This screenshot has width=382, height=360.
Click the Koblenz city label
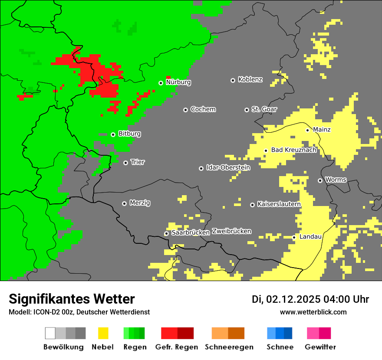(x=250, y=79)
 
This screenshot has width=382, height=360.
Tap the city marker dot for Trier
(x=125, y=163)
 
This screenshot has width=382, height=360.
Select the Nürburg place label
(x=178, y=82)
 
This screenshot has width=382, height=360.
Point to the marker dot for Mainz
(x=307, y=130)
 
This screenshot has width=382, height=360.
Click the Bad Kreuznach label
(x=293, y=150)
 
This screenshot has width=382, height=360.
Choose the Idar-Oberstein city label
(x=228, y=167)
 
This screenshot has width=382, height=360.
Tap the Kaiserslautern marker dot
(x=252, y=205)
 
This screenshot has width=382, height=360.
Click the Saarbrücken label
(x=191, y=232)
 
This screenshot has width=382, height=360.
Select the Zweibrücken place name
(x=231, y=231)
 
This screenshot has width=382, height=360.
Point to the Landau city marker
(x=294, y=237)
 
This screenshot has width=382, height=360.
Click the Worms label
(x=336, y=180)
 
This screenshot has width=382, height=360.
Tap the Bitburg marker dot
(x=113, y=134)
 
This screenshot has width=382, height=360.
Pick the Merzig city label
(x=140, y=203)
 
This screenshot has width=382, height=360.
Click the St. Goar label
(x=264, y=109)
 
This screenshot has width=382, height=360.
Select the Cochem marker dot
(x=185, y=110)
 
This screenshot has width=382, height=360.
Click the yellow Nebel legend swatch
(x=103, y=333)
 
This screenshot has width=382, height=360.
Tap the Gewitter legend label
(x=320, y=347)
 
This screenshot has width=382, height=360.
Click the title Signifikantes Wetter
(x=72, y=299)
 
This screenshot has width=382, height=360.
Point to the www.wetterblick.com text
(x=313, y=312)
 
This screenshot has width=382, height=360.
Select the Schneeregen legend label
(x=229, y=347)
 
